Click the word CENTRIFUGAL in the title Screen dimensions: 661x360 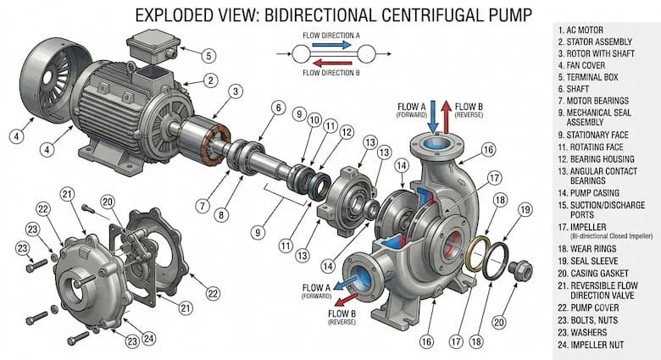(426, 15)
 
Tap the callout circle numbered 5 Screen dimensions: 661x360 (208, 55)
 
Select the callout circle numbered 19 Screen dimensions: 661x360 (525, 209)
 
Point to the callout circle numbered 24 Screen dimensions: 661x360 (148, 338)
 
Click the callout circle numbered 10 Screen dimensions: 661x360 (314, 120)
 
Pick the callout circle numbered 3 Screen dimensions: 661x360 (236, 91)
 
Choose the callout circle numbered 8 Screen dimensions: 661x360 (221, 215)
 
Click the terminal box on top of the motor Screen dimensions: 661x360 (154, 46)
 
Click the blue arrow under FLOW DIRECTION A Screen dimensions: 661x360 (332, 45)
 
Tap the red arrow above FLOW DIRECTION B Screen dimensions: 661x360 (332, 64)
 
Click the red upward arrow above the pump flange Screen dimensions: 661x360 (447, 116)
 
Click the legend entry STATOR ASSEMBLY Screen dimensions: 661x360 (595, 42)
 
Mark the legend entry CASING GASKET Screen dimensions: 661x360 (593, 273)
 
